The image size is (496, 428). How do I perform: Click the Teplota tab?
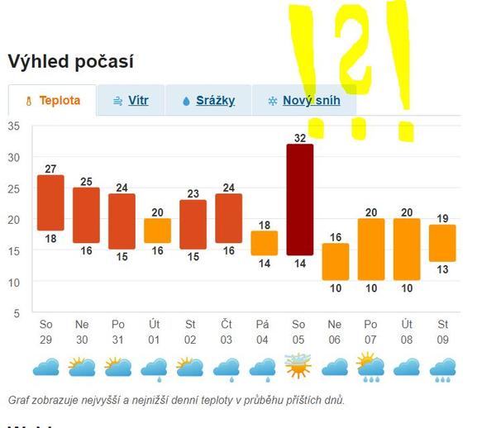(x=52, y=101)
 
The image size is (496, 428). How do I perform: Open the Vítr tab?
(x=131, y=101)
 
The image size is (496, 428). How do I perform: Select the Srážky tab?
(x=207, y=101)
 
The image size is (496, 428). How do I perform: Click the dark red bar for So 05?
(x=299, y=199)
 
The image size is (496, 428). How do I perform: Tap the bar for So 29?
(x=50, y=202)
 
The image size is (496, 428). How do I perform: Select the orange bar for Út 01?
(x=157, y=231)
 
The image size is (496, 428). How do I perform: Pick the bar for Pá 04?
(x=264, y=243)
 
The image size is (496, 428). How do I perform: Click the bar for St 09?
(x=442, y=243)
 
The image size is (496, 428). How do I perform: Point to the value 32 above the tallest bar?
(x=299, y=137)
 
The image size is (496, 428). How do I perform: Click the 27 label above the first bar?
(x=50, y=169)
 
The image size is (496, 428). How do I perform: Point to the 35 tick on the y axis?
(x=13, y=126)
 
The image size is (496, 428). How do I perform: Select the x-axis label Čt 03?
(x=228, y=331)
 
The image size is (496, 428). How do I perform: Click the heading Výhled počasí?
(x=70, y=61)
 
